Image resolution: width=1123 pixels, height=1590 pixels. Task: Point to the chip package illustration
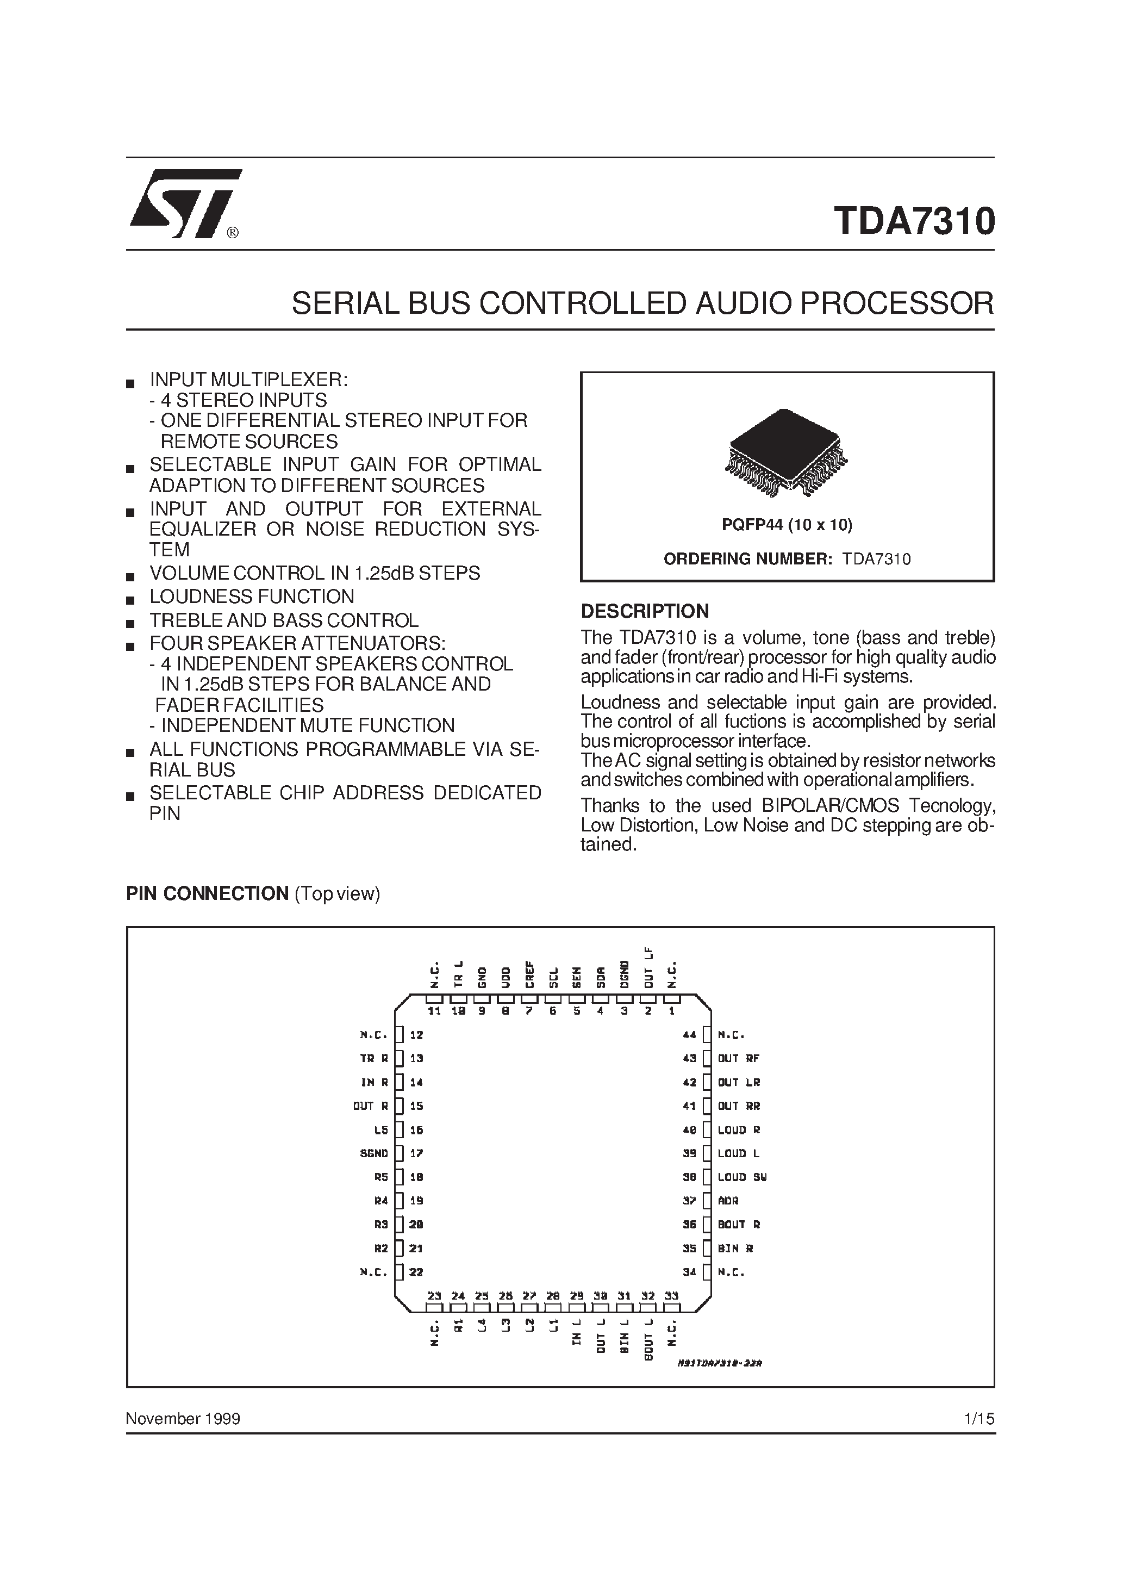787,453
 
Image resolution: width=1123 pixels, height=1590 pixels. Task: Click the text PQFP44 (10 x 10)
787,525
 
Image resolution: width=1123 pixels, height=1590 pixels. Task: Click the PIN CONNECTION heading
207,893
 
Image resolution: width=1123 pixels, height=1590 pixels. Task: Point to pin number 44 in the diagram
689,1035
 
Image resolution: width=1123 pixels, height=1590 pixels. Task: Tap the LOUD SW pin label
741,1177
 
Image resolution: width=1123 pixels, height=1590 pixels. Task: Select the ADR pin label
728,1201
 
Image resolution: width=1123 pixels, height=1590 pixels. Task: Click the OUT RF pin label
739,1058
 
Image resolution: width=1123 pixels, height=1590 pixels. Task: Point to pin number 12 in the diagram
416,1035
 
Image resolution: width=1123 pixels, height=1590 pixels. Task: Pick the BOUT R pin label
739,1225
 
